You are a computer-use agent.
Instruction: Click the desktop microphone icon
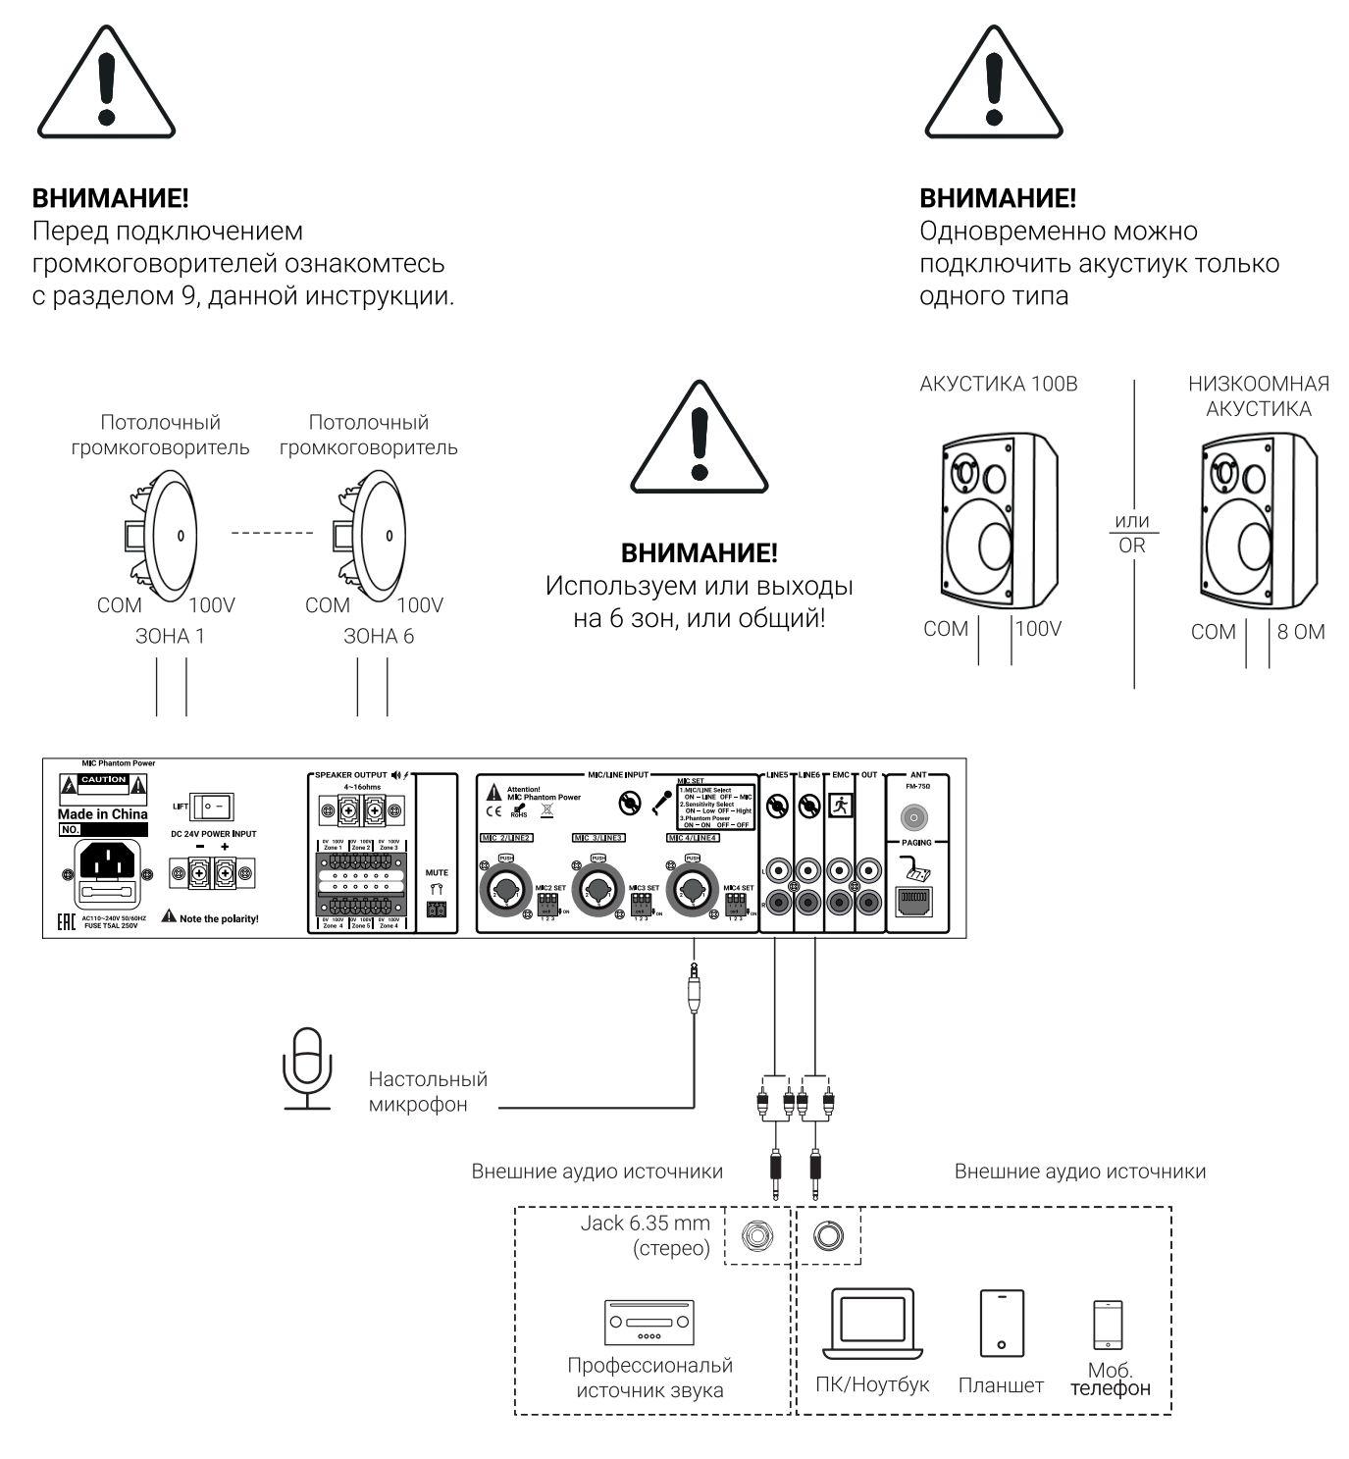point(307,1068)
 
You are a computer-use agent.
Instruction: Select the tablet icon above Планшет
point(1002,1324)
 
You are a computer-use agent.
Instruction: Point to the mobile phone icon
point(1108,1325)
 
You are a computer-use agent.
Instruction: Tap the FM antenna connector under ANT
point(914,816)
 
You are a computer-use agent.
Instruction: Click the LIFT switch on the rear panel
point(212,807)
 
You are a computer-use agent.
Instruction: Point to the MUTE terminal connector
point(437,909)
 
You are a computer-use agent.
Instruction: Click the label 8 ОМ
point(1301,632)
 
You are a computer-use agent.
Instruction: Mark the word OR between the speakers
point(1132,546)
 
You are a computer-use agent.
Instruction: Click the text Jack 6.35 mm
point(645,1224)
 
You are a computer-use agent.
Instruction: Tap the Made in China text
point(102,814)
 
